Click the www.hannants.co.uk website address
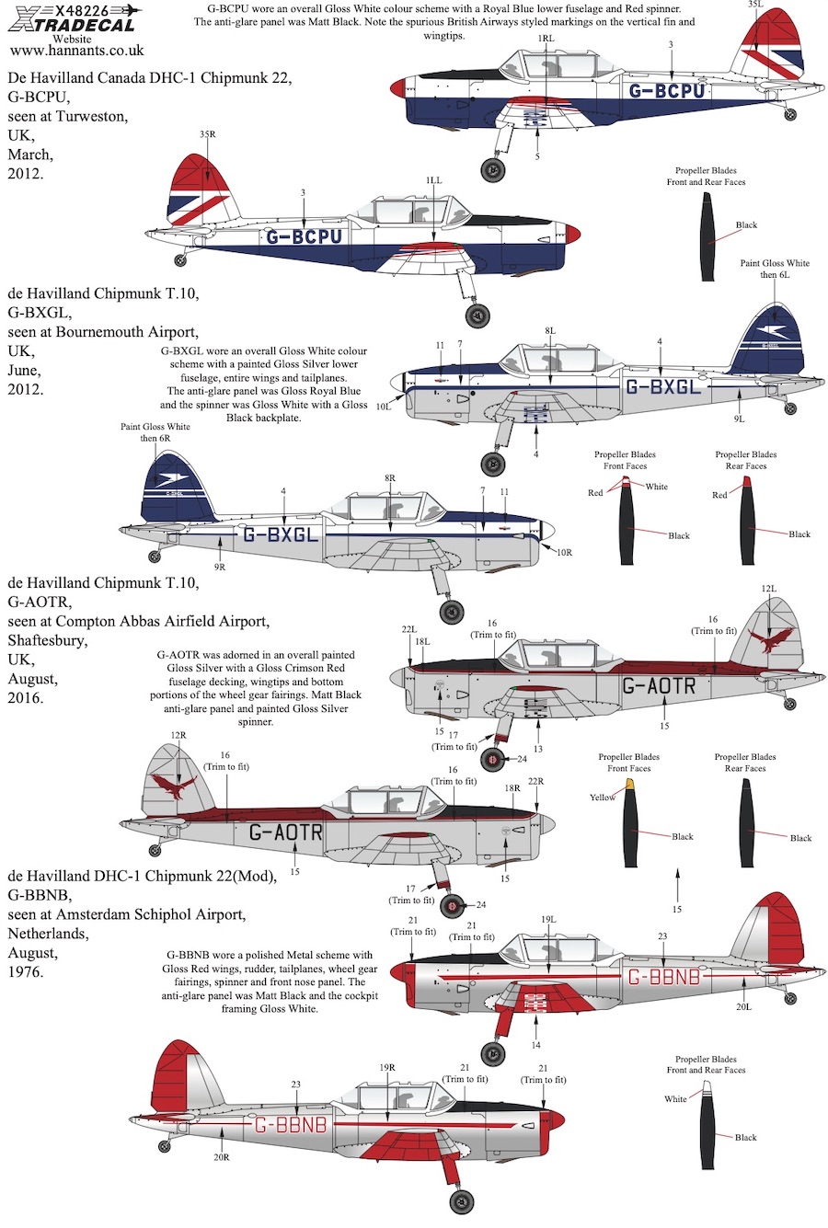tap(77, 51)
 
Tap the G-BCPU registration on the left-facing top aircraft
tap(666, 90)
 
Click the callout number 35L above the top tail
tap(754, 5)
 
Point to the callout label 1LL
tap(433, 180)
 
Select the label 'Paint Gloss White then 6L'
tap(775, 269)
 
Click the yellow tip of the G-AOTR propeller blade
tap(629, 784)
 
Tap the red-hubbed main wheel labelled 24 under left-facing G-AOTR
tap(492, 759)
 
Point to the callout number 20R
tap(222, 1157)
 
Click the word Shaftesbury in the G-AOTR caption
tap(48, 640)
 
